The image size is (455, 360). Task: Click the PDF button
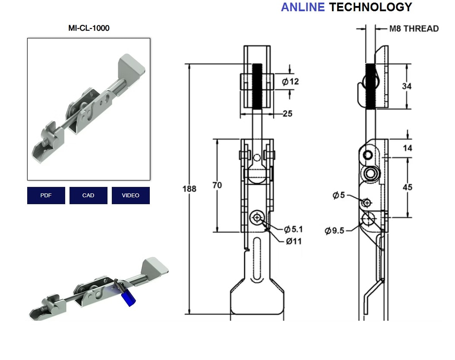(x=46, y=196)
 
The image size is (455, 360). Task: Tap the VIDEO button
(x=130, y=196)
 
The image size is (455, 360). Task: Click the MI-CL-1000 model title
(x=89, y=28)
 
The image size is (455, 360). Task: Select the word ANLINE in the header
(x=303, y=7)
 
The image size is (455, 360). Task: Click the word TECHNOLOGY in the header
(x=370, y=7)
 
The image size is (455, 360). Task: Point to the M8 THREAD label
(x=414, y=29)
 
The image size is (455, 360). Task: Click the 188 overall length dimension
(x=189, y=189)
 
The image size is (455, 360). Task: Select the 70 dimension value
(x=217, y=185)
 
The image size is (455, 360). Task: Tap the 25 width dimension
(x=288, y=114)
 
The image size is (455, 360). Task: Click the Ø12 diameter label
(x=291, y=82)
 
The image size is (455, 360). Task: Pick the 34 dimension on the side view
(x=407, y=86)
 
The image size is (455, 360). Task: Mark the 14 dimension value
(x=407, y=148)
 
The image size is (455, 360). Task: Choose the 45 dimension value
(x=407, y=187)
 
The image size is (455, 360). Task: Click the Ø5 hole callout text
(x=339, y=196)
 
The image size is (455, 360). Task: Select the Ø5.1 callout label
(x=294, y=229)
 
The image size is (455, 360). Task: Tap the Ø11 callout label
(x=294, y=241)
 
